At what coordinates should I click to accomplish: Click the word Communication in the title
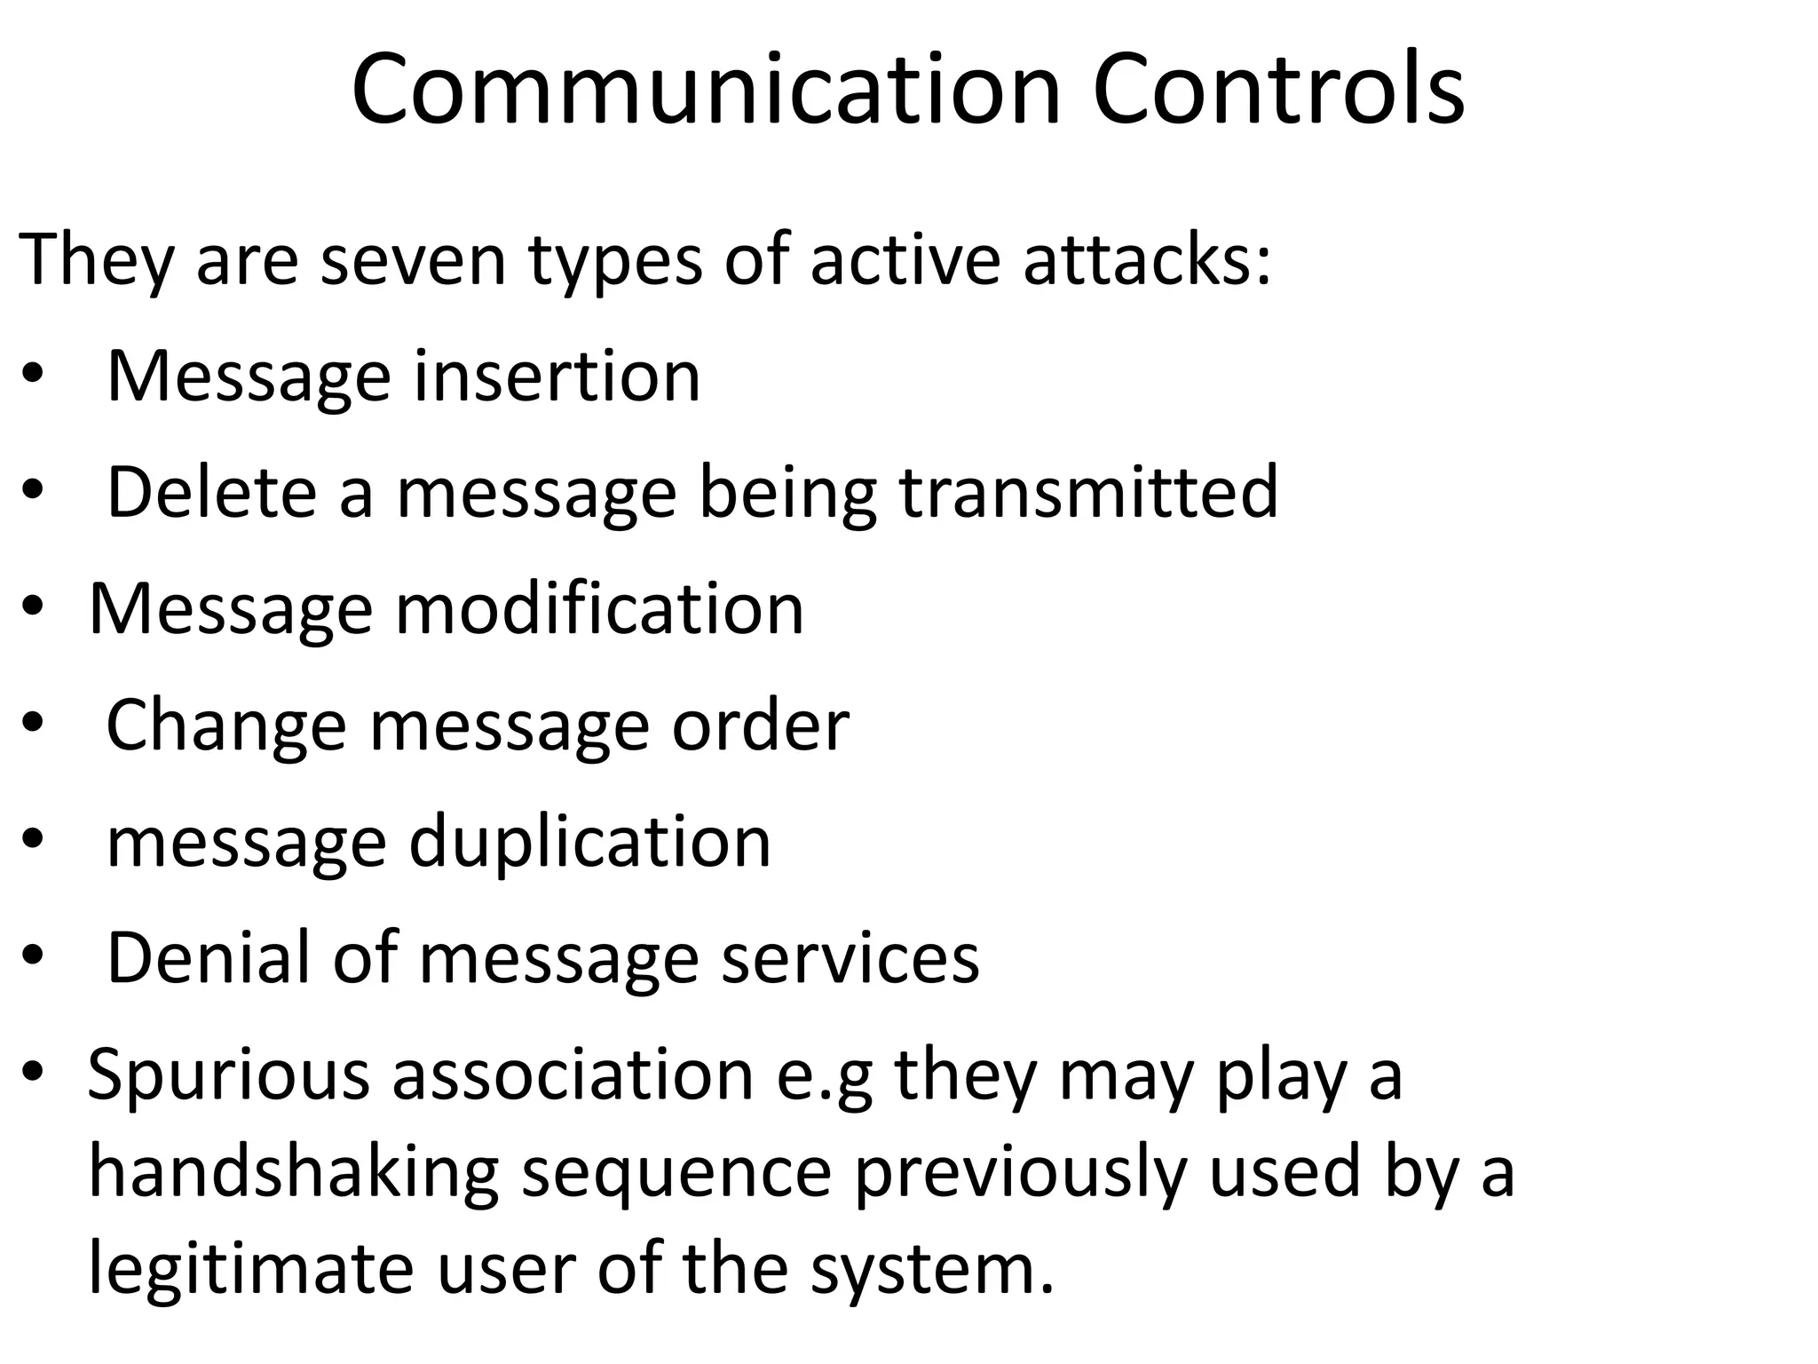click(x=707, y=89)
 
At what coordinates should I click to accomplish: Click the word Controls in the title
click(x=1278, y=89)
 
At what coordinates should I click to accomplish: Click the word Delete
click(x=211, y=492)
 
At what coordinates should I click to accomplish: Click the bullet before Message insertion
click(x=32, y=377)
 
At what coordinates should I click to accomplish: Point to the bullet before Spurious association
click(x=32, y=1073)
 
